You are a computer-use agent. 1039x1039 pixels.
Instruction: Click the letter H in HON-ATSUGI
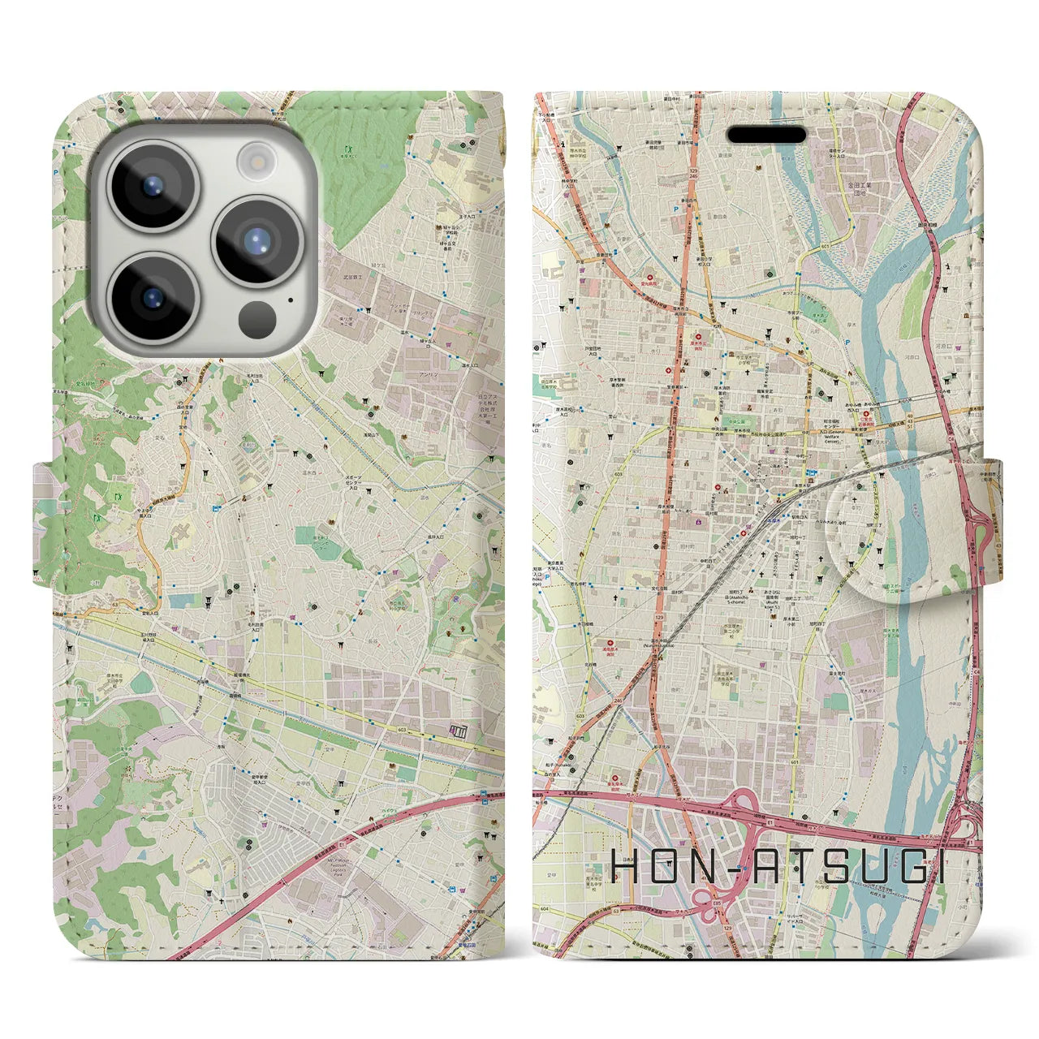click(x=627, y=868)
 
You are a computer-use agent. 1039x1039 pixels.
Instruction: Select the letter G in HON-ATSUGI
click(x=908, y=868)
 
